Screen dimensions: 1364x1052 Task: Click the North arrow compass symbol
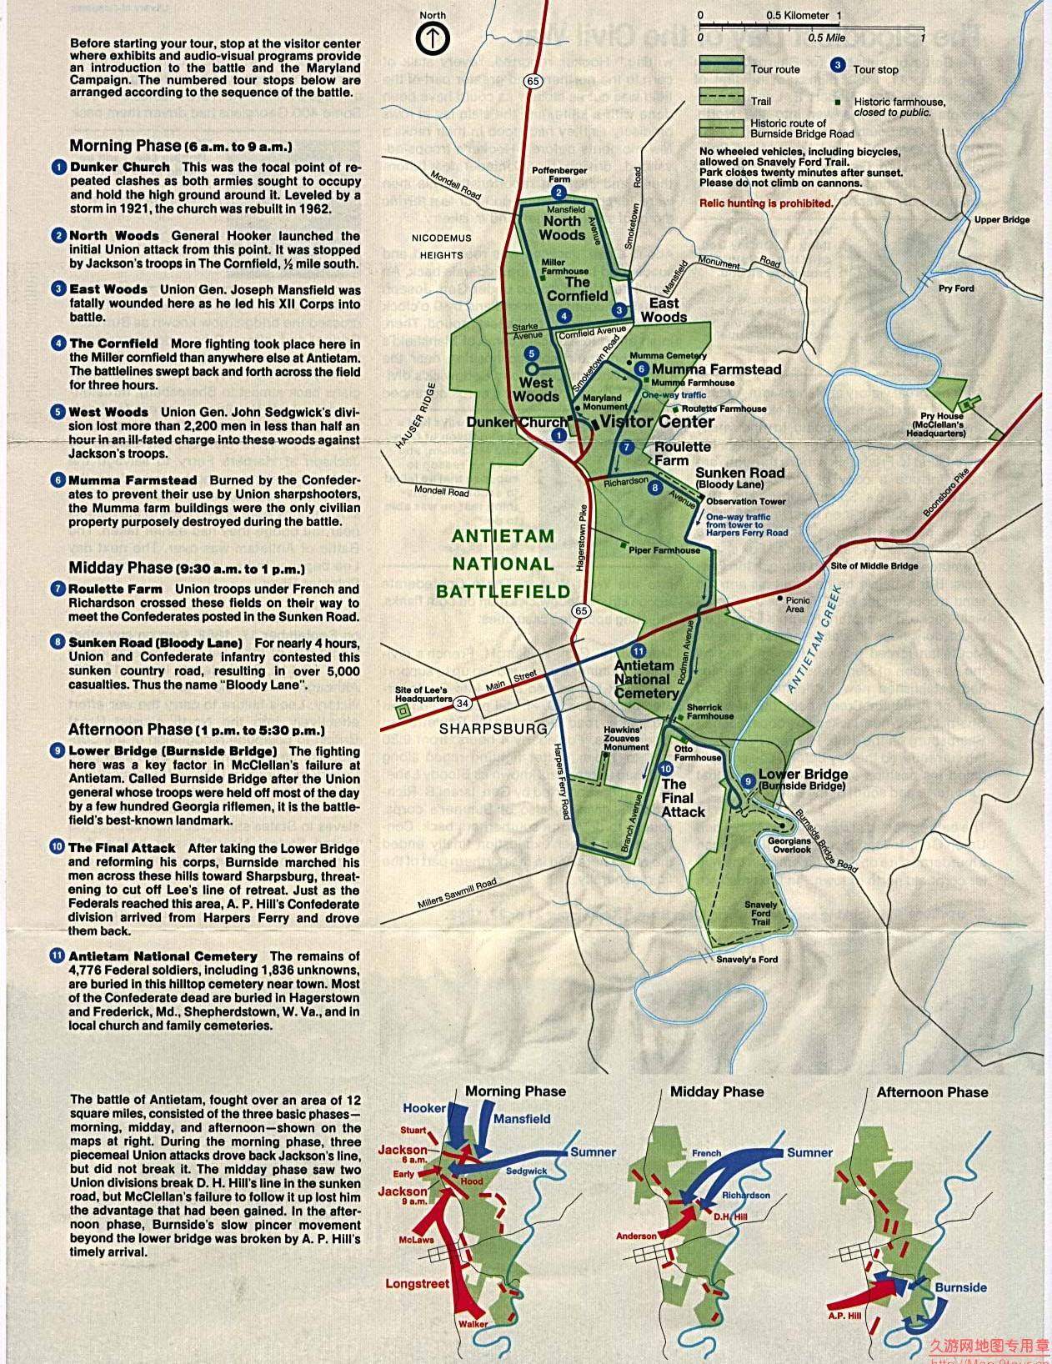pyautogui.click(x=433, y=38)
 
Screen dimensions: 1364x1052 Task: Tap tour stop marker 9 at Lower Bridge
pyautogui.click(x=748, y=781)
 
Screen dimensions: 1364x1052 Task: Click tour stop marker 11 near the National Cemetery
pyautogui.click(x=638, y=651)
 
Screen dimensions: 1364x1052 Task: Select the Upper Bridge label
pyautogui.click(x=1002, y=220)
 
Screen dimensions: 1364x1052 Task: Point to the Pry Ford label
pyautogui.click(x=956, y=288)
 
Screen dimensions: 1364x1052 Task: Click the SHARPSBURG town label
pyautogui.click(x=493, y=728)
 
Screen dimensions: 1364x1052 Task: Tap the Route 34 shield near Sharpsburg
pyautogui.click(x=463, y=703)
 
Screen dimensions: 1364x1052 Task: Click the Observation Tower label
pyautogui.click(x=746, y=502)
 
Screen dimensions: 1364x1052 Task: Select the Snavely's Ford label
pyautogui.click(x=747, y=959)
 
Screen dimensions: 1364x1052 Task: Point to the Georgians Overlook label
pyautogui.click(x=789, y=845)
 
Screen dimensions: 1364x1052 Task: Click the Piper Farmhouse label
pyautogui.click(x=664, y=550)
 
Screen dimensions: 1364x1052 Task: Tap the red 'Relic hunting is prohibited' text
pyautogui.click(x=766, y=203)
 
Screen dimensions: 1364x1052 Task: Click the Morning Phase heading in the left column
pyautogui.click(x=180, y=146)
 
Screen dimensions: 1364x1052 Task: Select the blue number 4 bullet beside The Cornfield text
pyautogui.click(x=58, y=344)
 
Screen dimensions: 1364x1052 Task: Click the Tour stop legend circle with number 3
pyautogui.click(x=838, y=66)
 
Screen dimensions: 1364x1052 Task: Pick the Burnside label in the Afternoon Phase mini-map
pyautogui.click(x=960, y=1287)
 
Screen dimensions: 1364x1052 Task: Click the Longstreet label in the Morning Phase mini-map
pyautogui.click(x=417, y=1284)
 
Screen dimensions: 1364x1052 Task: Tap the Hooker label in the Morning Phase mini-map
pyautogui.click(x=424, y=1108)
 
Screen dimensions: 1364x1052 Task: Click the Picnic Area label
pyautogui.click(x=797, y=604)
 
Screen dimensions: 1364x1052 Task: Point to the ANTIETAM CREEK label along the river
pyautogui.click(x=815, y=639)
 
